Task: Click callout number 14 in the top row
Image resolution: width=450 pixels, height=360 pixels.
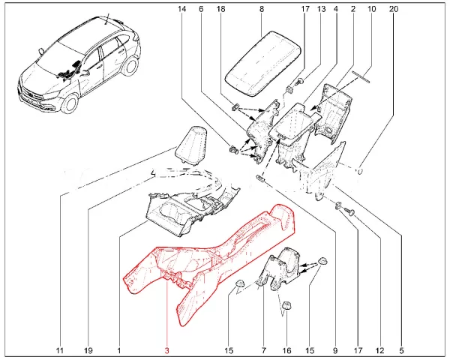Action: [x=181, y=10]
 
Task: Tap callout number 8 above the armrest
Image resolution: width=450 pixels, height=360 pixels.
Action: [x=261, y=10]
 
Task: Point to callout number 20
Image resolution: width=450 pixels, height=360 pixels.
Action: [x=394, y=10]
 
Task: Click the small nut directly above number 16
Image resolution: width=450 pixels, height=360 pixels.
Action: [x=286, y=305]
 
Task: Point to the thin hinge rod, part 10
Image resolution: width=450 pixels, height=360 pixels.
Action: [x=361, y=75]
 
